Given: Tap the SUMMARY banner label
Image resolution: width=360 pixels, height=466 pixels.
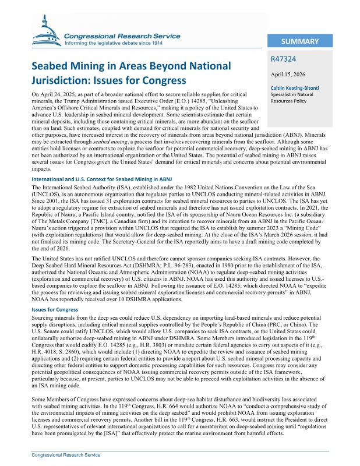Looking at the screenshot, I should tap(299, 41).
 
